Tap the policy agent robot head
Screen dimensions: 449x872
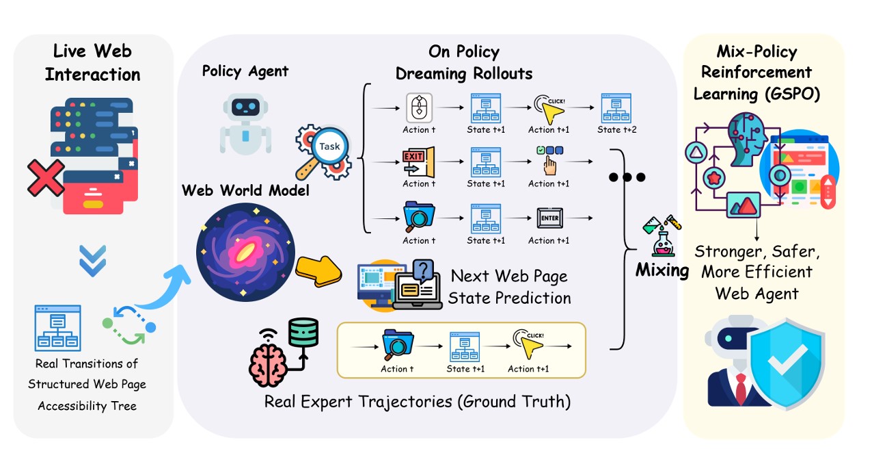click(x=245, y=114)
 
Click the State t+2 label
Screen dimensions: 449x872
click(x=616, y=130)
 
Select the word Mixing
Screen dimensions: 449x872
click(x=662, y=270)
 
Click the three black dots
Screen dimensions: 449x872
click(x=627, y=177)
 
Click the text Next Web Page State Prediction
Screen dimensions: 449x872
click(x=508, y=287)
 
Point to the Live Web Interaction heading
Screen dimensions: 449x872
click(x=92, y=63)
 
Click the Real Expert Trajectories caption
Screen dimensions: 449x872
click(x=417, y=400)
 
